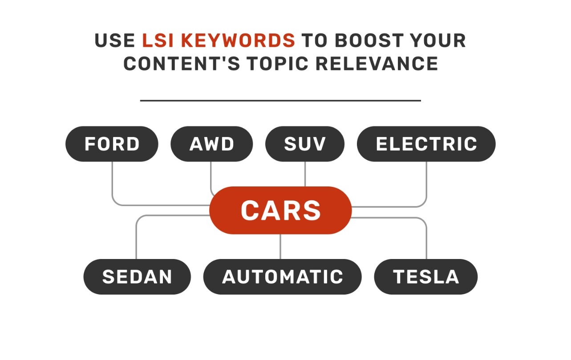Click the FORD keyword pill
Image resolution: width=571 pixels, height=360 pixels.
tap(112, 144)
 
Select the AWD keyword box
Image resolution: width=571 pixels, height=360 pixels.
tap(211, 144)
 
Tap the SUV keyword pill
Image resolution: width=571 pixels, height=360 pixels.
tap(305, 144)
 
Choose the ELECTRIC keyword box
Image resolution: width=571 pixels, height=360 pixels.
tap(426, 144)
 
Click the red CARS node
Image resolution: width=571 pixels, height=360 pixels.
tap(280, 210)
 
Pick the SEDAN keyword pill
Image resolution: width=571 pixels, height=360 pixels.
tap(137, 276)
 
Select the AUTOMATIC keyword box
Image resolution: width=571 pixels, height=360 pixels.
tap(282, 276)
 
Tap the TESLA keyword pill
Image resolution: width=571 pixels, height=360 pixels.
tap(425, 276)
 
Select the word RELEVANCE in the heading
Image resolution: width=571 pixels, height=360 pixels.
tap(377, 64)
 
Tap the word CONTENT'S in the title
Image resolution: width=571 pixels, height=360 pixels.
tap(182, 64)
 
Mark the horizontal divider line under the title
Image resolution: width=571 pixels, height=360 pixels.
tap(280, 101)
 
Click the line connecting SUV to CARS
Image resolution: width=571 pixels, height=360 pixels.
tap(305, 174)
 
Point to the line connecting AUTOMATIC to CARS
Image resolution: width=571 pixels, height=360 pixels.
tap(280, 246)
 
